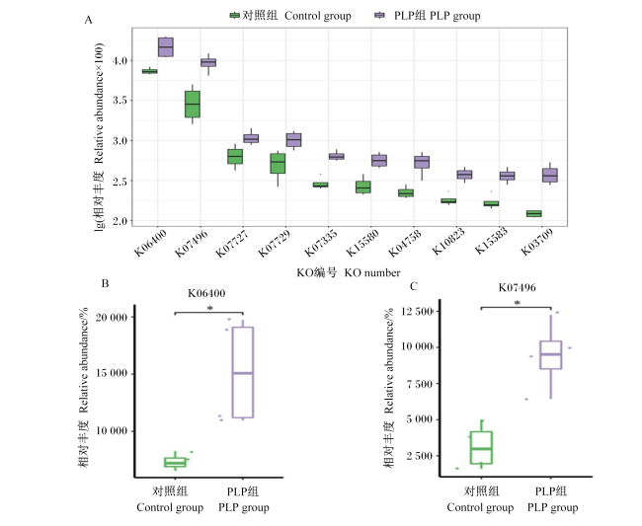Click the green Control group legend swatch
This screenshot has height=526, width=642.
tap(235, 16)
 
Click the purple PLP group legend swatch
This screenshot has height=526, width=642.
tap(380, 16)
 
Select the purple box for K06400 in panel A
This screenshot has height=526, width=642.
tap(166, 47)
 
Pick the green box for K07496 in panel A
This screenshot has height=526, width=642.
tap(193, 105)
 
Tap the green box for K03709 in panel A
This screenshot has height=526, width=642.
tap(534, 213)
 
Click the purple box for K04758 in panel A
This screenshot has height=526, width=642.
tap(422, 162)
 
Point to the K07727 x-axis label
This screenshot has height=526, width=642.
tap(232, 243)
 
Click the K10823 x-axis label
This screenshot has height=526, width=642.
tap(448, 242)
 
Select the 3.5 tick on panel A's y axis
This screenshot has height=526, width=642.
tap(120, 101)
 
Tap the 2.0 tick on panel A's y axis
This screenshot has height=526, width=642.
tap(120, 221)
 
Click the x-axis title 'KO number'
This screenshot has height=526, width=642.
tap(372, 272)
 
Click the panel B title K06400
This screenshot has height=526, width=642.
tap(206, 293)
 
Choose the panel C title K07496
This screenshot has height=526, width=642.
tap(517, 287)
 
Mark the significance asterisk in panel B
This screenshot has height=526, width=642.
tap(210, 309)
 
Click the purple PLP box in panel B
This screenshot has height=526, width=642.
tap(243, 372)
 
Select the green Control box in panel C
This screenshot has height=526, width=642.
tap(482, 447)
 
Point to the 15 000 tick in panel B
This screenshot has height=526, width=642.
tap(112, 373)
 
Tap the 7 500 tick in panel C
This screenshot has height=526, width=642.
tap(419, 384)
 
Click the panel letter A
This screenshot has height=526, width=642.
tap(89, 20)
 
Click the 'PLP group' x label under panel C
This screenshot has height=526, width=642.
tap(552, 507)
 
